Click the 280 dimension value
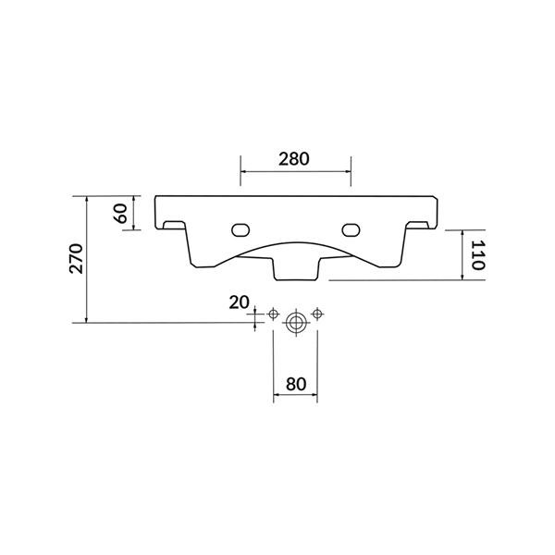[x=294, y=157]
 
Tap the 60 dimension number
[x=118, y=213]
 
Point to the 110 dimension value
[x=477, y=253]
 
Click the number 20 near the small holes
[x=239, y=302]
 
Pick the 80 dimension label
[x=295, y=382]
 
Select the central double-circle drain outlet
[x=295, y=323]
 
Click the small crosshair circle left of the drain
[x=273, y=314]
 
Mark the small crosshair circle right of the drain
[x=317, y=314]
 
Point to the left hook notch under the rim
[x=171, y=225]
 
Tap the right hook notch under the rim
[x=419, y=225]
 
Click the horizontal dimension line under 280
[x=295, y=172]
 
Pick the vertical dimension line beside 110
[x=460, y=254]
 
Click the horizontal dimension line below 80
[x=295, y=398]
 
